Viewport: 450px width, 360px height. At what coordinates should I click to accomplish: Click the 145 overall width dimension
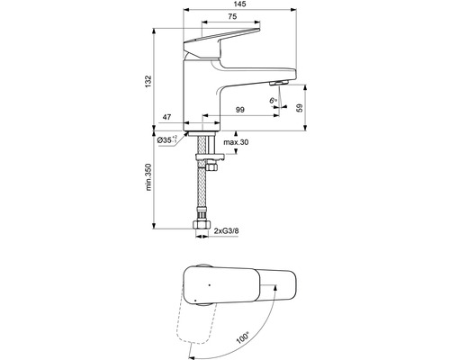(x=239, y=4)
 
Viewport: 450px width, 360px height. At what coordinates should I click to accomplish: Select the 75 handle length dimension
(x=232, y=16)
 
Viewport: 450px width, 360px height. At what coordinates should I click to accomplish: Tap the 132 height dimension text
(x=148, y=82)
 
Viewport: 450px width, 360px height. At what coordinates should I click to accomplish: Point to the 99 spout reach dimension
(x=239, y=110)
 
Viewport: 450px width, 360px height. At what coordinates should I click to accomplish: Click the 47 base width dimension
(x=166, y=117)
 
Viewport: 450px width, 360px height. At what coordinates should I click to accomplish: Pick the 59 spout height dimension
(x=300, y=108)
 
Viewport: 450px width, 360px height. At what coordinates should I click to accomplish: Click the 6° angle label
(x=273, y=101)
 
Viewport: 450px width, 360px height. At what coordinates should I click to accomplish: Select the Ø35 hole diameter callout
(x=167, y=139)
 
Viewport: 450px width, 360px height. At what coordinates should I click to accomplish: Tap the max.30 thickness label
(x=236, y=142)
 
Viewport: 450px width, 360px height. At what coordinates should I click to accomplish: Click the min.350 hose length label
(x=148, y=177)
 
